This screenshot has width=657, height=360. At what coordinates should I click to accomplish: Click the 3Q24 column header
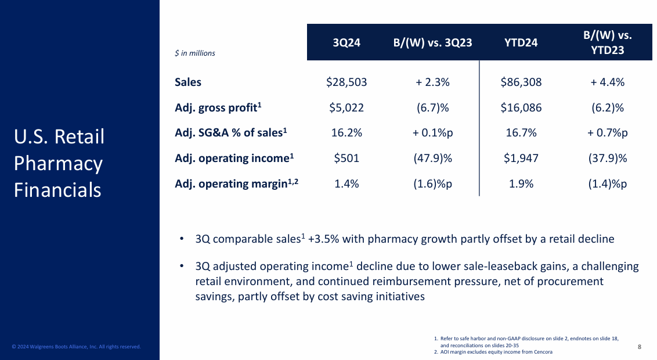(x=347, y=42)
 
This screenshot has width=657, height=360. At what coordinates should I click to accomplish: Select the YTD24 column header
(x=521, y=42)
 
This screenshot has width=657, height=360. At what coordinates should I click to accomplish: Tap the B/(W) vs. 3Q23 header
(x=432, y=42)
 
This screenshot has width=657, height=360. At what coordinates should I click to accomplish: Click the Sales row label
(x=188, y=82)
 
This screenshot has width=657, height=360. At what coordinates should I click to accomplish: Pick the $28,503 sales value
(x=346, y=82)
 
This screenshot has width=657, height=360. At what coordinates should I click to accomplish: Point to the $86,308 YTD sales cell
(x=521, y=82)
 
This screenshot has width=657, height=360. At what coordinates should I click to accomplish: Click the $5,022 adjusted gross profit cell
(x=346, y=107)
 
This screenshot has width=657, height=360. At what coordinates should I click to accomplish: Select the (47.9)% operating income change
(x=432, y=159)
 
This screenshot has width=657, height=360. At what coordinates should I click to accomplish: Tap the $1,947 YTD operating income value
(x=521, y=159)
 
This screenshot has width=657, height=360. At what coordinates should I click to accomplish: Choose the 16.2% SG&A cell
(x=346, y=133)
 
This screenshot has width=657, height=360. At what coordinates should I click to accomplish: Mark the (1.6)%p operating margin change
(x=432, y=184)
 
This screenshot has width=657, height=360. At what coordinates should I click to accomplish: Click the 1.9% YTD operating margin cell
(x=521, y=184)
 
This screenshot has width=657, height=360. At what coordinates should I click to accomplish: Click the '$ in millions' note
(x=195, y=53)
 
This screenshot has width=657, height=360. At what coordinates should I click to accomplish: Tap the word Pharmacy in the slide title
(x=58, y=164)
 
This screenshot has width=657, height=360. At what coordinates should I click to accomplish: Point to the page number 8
(x=639, y=347)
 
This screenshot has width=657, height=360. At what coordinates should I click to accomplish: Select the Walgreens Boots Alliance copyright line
(x=77, y=347)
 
